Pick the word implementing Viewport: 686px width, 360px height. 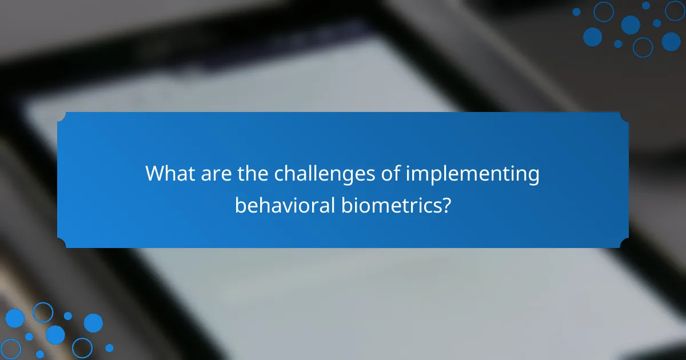tap(473, 174)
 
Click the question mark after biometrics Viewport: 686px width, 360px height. tap(445, 205)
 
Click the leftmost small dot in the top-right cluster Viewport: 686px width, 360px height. tap(576, 11)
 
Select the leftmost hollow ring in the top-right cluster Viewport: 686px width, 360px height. tap(603, 11)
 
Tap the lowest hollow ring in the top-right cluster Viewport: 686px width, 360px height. tap(643, 47)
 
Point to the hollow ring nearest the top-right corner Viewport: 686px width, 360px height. tap(675, 11)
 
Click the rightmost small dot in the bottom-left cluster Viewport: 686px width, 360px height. tap(109, 347)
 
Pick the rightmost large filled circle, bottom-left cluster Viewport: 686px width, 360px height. tap(93, 323)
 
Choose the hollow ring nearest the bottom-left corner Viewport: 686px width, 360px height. tap(10, 349)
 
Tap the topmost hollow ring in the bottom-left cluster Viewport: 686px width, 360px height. tap(42, 312)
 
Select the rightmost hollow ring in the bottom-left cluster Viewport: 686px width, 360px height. tap(82, 348)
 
